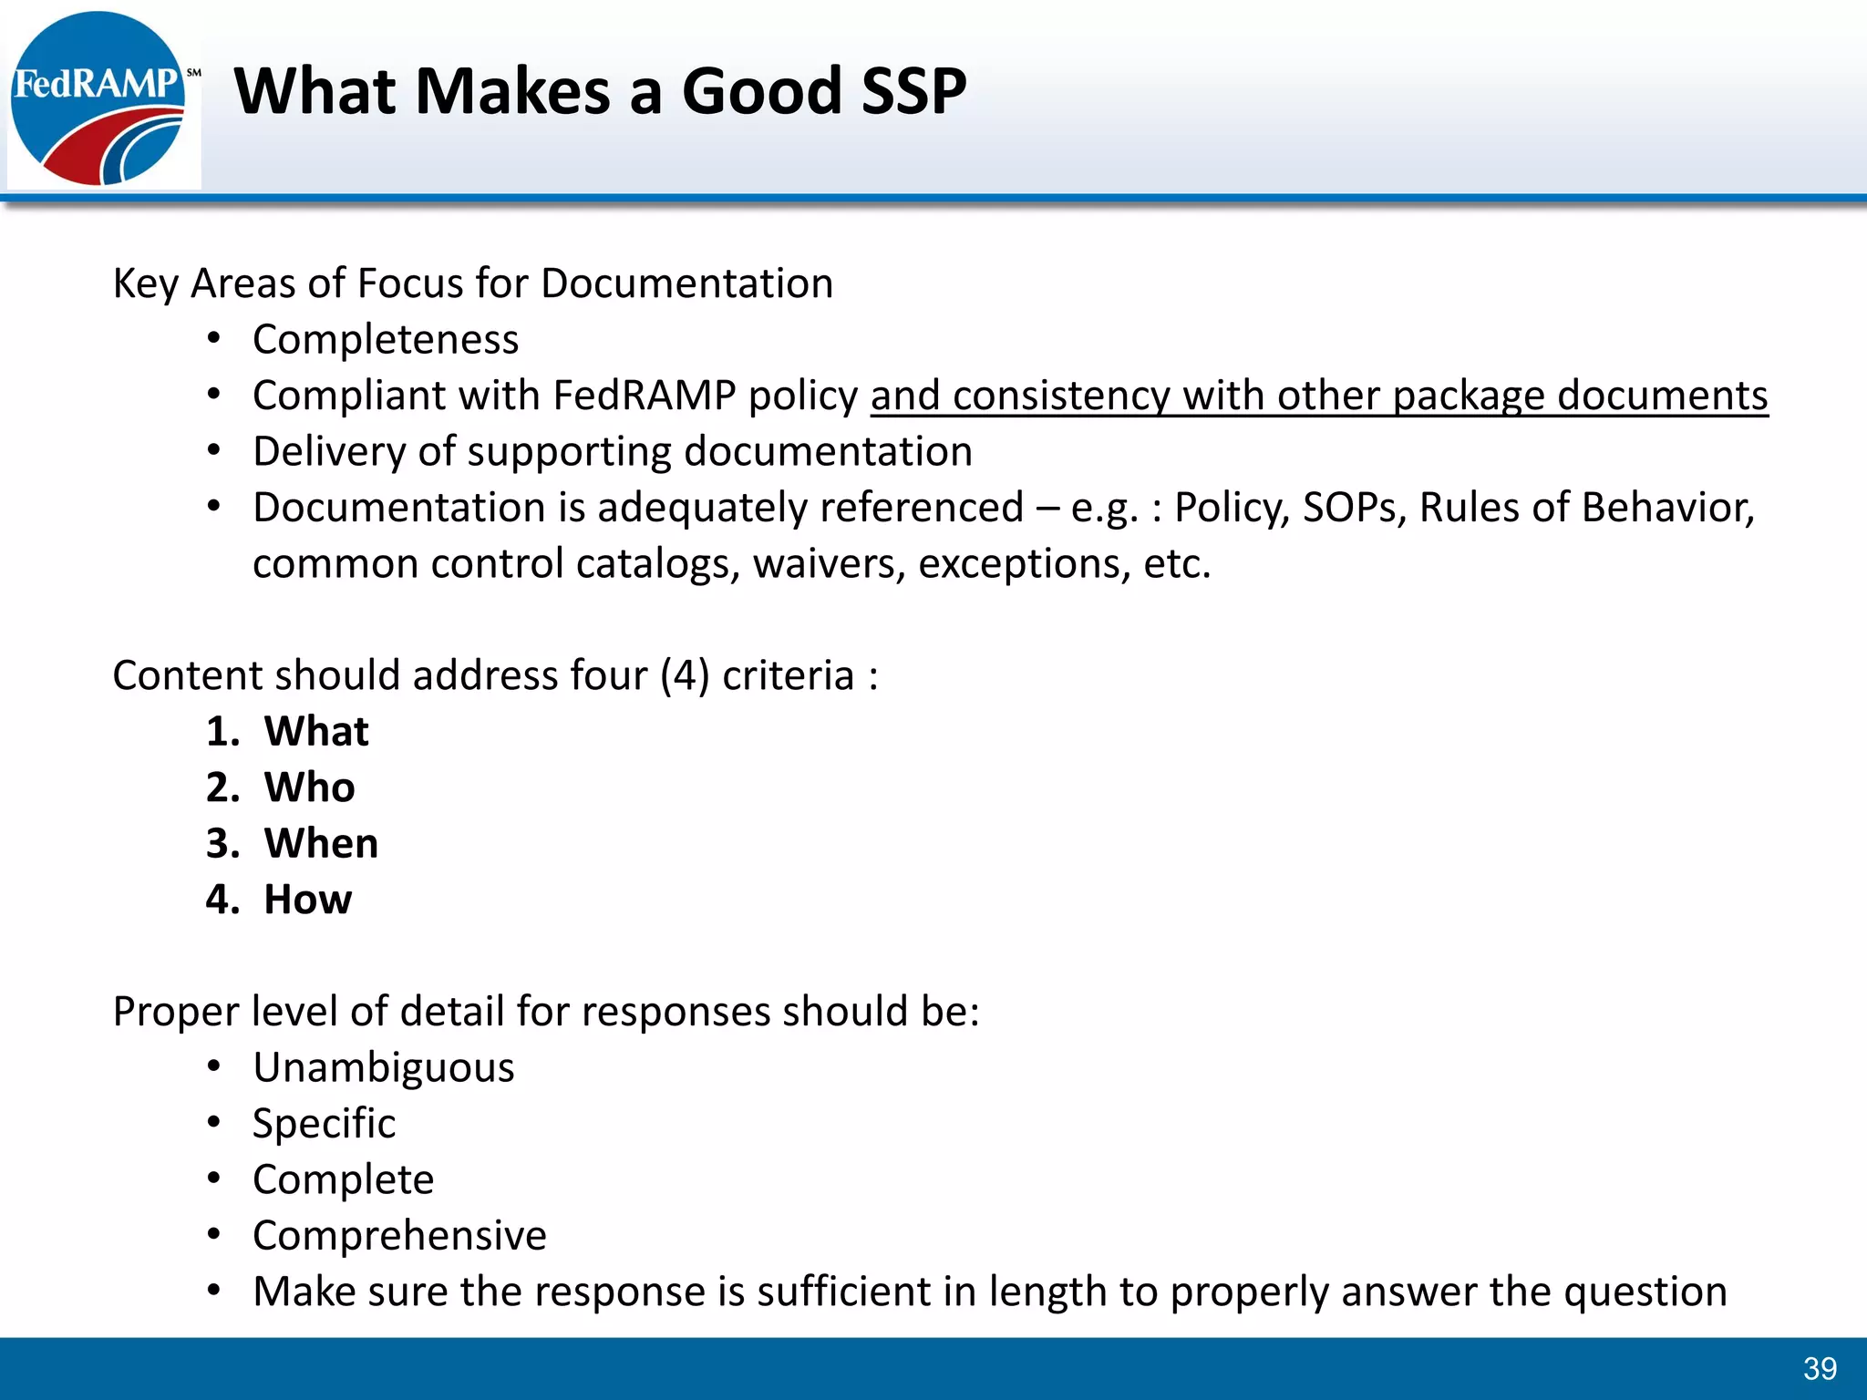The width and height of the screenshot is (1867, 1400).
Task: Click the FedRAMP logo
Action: coord(100,98)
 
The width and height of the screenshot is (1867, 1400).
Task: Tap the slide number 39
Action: coord(1820,1368)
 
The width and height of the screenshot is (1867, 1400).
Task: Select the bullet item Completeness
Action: coord(386,340)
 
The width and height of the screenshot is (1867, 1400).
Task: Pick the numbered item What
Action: coord(316,732)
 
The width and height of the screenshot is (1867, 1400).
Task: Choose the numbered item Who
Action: coord(309,787)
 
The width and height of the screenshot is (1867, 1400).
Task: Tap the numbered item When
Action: coord(321,844)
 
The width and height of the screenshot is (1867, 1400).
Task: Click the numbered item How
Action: coord(307,900)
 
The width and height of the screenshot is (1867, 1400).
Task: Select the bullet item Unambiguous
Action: coord(384,1068)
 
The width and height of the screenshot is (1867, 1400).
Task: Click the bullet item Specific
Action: coord(325,1124)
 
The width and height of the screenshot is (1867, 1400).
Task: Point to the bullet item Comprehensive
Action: coord(399,1236)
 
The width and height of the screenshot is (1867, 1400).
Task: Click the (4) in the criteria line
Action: coord(685,676)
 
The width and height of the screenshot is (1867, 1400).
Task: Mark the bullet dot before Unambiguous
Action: coord(214,1066)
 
